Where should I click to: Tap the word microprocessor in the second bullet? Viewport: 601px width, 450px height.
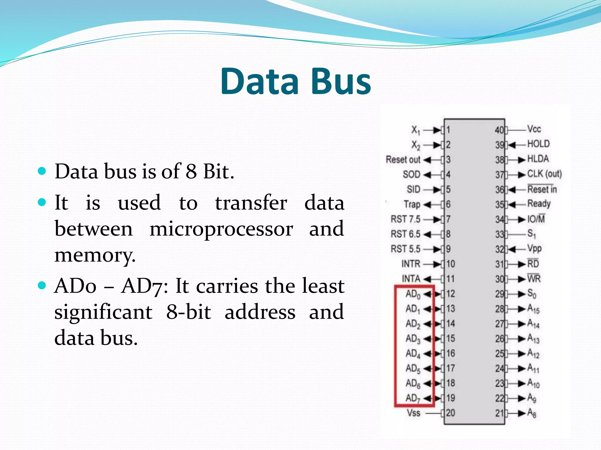[x=221, y=229]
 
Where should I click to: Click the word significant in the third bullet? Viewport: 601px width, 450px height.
[x=103, y=312]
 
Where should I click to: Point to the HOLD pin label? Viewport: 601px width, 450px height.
[x=538, y=144]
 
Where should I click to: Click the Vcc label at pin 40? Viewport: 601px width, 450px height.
[x=534, y=129]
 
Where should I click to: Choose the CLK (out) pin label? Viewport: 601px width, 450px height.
[x=544, y=174]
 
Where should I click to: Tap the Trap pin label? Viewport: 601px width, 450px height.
[x=412, y=204]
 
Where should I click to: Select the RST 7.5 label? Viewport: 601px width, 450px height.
[x=405, y=219]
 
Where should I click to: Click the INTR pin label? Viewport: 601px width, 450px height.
[x=411, y=264]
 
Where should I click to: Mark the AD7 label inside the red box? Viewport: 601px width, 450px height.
[x=413, y=398]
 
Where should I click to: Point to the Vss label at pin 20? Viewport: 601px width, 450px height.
[x=413, y=413]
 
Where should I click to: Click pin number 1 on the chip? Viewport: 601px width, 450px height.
[x=448, y=130]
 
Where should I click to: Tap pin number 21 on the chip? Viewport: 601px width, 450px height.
[x=500, y=413]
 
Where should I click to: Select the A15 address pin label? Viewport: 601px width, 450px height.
[x=533, y=309]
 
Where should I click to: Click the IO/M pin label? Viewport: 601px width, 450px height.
[x=536, y=219]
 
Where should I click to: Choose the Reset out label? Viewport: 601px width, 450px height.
[x=403, y=160]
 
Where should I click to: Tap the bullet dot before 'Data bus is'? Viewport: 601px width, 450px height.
[x=42, y=171]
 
